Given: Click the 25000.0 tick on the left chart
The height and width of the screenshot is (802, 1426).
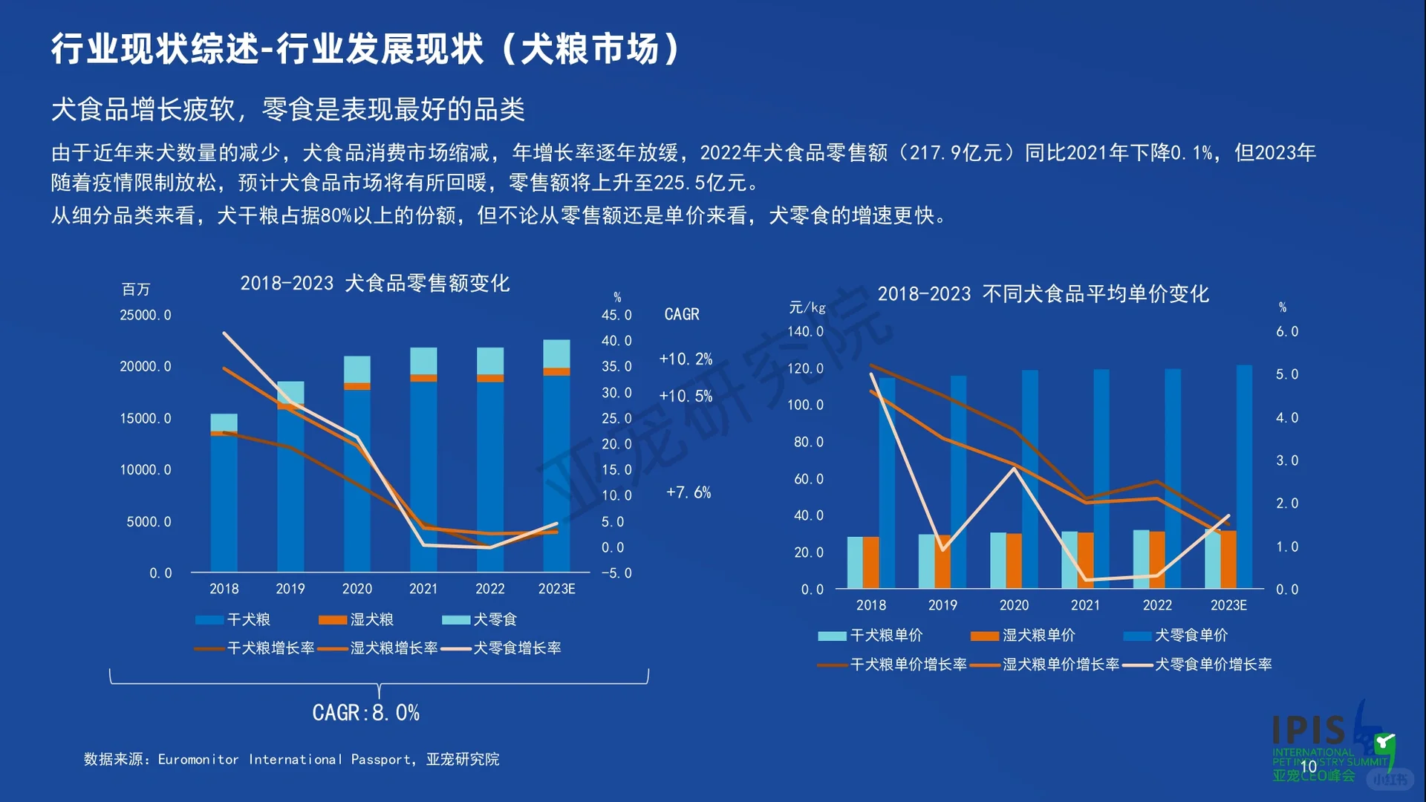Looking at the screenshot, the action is point(146,315).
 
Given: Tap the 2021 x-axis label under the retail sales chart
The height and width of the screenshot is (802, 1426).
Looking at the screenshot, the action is point(423,589).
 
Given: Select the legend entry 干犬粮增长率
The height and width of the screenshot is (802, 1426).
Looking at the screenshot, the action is point(254,648).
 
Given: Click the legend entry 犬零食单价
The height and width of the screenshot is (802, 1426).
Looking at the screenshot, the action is point(1176,636).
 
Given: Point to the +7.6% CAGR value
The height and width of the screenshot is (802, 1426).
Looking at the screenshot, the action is point(688,492).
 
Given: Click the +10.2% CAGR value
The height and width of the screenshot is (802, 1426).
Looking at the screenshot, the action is point(686,359).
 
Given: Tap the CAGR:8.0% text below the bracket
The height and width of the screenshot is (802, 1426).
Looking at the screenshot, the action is point(365,713).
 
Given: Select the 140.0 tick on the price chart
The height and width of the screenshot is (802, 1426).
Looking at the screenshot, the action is point(806,331).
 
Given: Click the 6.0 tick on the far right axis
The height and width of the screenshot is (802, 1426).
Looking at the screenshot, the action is point(1287,331).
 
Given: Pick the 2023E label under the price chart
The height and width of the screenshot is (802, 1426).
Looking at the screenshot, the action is point(1228,605).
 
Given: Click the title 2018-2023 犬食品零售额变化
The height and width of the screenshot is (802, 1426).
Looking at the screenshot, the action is point(375,283).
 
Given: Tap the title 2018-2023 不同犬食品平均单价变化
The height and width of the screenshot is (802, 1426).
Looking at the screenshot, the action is point(1044,294).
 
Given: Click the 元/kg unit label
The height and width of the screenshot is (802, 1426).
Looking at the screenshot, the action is point(807,307).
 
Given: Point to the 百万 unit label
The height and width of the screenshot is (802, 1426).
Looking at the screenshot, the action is point(136,289).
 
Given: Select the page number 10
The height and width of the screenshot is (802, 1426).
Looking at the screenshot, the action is point(1308,766).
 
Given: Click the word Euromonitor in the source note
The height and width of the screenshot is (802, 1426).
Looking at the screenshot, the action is point(198,760).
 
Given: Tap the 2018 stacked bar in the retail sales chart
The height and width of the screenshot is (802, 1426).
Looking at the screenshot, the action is point(224,493).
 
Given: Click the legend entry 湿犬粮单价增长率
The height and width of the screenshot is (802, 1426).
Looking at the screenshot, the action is point(1044,665).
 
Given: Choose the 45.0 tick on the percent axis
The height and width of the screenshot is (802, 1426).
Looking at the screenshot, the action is point(616,315).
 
